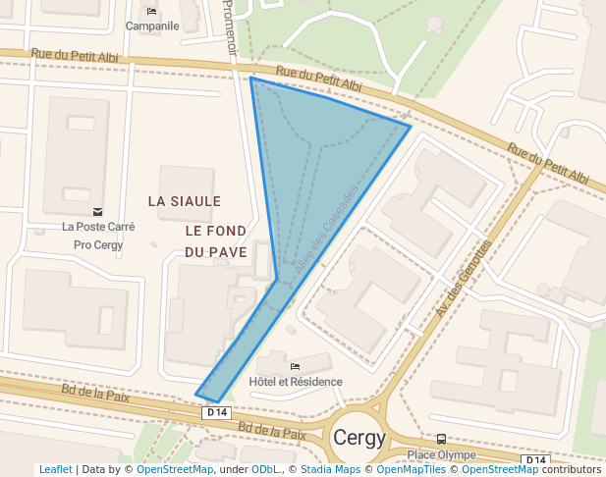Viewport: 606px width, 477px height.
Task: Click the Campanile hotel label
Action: [152, 26]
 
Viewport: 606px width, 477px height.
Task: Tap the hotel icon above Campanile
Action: [151, 11]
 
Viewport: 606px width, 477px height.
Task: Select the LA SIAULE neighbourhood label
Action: [184, 200]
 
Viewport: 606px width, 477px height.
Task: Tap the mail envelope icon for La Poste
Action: [97, 211]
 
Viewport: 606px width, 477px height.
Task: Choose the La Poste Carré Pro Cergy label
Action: [98, 236]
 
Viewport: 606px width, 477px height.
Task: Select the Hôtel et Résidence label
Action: [296, 382]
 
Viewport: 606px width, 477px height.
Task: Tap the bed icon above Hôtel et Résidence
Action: [295, 367]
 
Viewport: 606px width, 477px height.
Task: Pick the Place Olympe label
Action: [441, 454]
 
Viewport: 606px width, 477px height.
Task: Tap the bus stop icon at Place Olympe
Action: [441, 440]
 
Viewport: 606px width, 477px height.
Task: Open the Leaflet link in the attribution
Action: [56, 470]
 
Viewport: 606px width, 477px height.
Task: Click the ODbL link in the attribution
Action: [266, 470]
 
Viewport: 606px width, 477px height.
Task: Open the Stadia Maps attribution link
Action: [330, 470]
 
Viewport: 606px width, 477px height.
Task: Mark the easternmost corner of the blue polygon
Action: [410, 126]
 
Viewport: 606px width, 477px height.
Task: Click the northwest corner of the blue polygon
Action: [251, 78]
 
